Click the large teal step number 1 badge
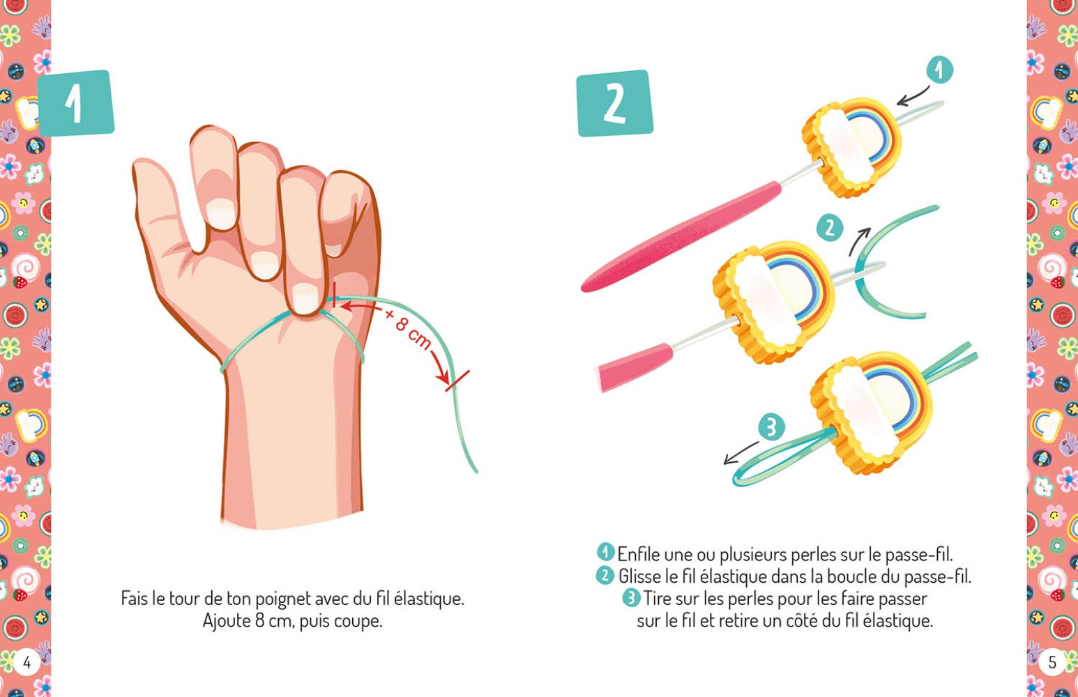point(75,103)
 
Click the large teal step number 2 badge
point(614,103)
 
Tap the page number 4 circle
point(26,661)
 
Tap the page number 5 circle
point(1052,661)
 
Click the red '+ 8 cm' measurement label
point(408,328)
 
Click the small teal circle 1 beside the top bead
point(939,70)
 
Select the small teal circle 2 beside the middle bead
point(830,228)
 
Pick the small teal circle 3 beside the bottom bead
point(770,427)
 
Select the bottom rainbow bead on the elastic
point(872,411)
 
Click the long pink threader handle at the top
point(680,237)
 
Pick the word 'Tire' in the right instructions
point(657,598)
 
